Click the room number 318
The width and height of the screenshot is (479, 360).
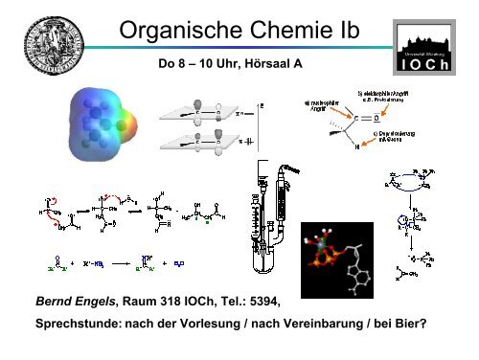tap(174, 304)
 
